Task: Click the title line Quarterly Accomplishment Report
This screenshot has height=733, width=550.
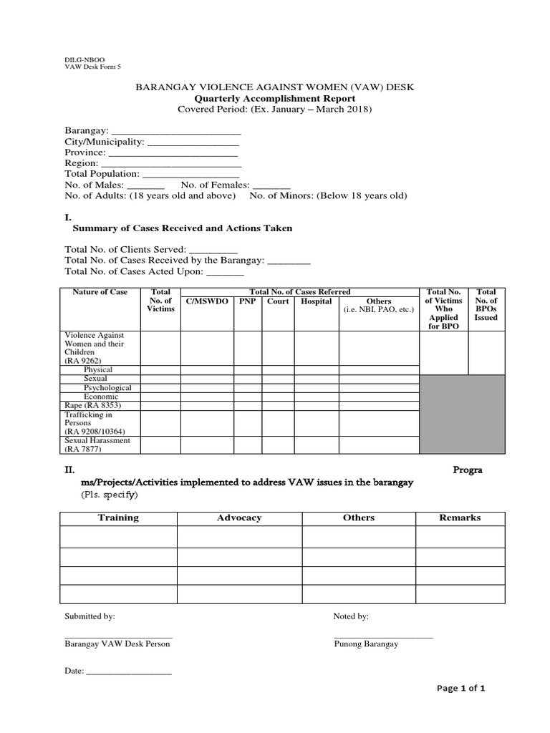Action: click(275, 98)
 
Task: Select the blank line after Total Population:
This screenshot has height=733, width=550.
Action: click(191, 174)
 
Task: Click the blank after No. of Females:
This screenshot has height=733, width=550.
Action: click(267, 185)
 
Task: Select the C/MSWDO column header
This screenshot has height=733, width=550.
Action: click(207, 301)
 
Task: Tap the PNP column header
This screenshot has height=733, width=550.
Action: click(247, 301)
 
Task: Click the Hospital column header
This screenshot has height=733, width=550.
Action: click(316, 301)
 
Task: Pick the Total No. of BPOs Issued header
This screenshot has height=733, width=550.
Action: click(486, 304)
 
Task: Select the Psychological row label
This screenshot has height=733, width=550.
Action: click(107, 387)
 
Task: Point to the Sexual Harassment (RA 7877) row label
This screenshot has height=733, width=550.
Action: click(97, 445)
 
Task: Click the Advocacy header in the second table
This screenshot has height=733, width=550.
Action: click(239, 518)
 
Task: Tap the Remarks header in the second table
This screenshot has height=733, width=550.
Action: click(460, 518)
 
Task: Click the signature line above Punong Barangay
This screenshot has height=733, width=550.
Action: click(383, 636)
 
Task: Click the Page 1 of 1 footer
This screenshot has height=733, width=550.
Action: click(461, 689)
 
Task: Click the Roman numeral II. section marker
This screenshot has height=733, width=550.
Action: click(70, 470)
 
